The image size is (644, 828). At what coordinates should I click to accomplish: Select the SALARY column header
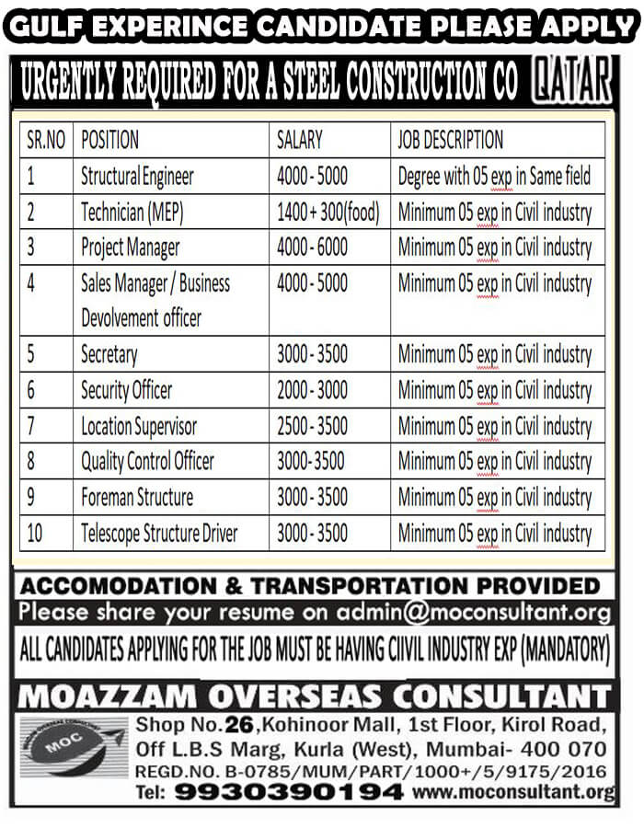(x=300, y=140)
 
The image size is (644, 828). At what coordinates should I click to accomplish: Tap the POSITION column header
(x=110, y=140)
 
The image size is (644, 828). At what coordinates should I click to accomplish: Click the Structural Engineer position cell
(x=138, y=175)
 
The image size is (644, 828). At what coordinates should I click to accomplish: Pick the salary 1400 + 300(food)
(x=328, y=212)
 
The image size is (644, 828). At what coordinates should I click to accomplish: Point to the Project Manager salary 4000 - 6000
(x=313, y=247)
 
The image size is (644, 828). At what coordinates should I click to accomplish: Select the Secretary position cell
(x=109, y=353)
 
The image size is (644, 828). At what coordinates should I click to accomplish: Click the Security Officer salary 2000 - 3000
(x=313, y=389)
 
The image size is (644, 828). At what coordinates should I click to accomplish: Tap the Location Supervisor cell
(x=139, y=425)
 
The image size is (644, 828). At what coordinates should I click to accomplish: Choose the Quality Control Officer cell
(x=147, y=461)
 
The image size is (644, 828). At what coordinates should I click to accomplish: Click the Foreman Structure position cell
(x=137, y=497)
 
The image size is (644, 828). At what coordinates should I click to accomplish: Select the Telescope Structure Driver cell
(x=159, y=532)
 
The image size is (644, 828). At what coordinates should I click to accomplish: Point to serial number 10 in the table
(x=35, y=532)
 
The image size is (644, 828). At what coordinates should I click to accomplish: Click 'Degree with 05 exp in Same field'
(x=494, y=175)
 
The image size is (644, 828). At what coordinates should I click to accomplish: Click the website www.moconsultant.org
(x=513, y=791)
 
